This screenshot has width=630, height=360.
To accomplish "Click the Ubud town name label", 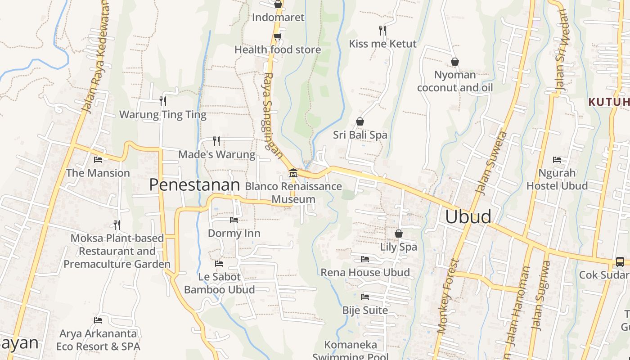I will [x=468, y=216].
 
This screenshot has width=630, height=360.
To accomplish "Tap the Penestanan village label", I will [x=194, y=185].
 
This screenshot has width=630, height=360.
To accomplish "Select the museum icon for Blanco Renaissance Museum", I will [x=293, y=173].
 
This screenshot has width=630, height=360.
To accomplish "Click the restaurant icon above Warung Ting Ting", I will [x=163, y=101].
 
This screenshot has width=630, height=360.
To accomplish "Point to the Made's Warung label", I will [x=216, y=154].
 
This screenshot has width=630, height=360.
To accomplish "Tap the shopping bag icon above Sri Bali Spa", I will [x=360, y=121].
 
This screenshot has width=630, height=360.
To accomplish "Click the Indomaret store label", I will [x=278, y=17].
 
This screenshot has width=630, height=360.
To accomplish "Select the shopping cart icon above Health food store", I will [x=278, y=36].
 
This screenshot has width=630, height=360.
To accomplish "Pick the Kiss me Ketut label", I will [x=383, y=44].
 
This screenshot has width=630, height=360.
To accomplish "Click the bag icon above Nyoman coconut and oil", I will [x=455, y=62].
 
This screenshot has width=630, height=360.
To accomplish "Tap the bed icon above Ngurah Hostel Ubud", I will [x=557, y=160].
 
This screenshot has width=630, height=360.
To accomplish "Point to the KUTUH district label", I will [x=608, y=102].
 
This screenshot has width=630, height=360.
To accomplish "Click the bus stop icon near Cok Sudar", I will [x=620, y=261].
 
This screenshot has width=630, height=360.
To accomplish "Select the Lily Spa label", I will [x=399, y=247].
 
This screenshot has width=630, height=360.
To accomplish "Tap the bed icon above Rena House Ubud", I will [x=365, y=259].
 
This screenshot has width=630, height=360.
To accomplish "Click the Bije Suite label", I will [x=365, y=310].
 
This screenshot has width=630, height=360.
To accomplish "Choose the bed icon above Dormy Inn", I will [x=234, y=220].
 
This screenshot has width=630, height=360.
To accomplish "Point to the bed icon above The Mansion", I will [x=98, y=160].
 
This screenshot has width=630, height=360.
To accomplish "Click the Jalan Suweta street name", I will [x=491, y=163].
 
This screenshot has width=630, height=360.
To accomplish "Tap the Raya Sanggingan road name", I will [x=271, y=115].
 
